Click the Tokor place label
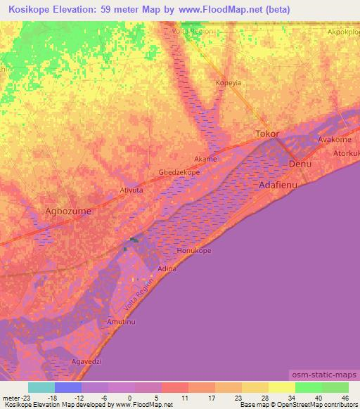pos(267,134)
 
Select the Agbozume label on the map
pos(68,210)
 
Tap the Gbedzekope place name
pos(179,172)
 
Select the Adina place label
pos(167,268)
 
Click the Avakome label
pos(334,139)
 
